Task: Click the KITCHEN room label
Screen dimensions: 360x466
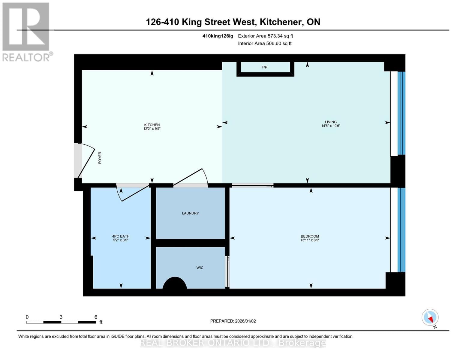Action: [x=152, y=125]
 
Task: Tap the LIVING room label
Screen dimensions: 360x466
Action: [x=331, y=122]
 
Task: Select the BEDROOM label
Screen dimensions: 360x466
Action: [x=310, y=236]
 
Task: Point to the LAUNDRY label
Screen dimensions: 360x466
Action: [x=190, y=213]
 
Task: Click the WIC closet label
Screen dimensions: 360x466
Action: [x=200, y=268]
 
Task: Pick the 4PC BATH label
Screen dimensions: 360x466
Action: [x=121, y=236]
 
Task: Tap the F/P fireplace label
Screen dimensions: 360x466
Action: [x=264, y=67]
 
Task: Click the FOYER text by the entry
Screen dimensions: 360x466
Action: [x=100, y=157]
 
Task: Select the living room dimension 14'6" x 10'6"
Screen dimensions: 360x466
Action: [x=331, y=126]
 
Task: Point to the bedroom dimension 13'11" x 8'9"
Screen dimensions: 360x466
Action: [x=310, y=240]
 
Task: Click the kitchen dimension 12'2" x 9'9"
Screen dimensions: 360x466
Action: [x=152, y=129]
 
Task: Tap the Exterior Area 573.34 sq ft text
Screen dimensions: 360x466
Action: [x=265, y=36]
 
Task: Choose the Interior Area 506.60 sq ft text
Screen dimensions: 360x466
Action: [x=265, y=43]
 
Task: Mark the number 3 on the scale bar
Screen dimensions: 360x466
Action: [x=61, y=317]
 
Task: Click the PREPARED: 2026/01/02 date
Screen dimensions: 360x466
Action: [x=233, y=321]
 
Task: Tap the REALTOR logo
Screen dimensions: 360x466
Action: [x=26, y=31]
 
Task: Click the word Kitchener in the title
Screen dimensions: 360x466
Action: [x=281, y=22]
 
